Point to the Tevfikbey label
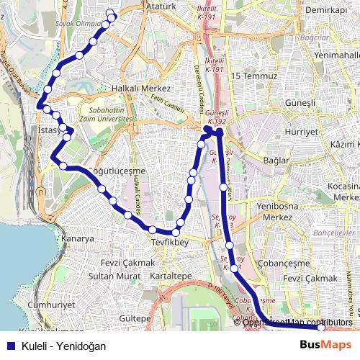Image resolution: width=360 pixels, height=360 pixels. (x=170, y=243)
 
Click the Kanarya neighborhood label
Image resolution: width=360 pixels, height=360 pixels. (x=78, y=238)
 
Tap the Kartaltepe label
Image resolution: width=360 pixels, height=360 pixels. (x=171, y=276)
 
